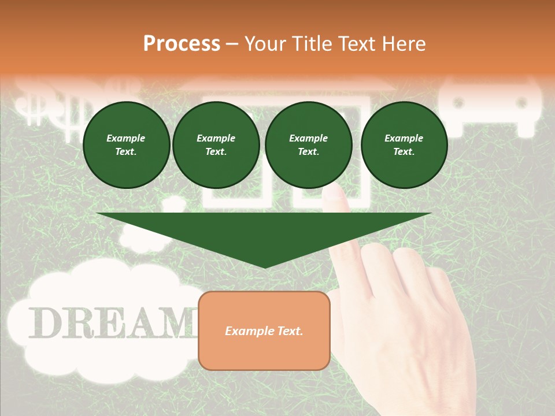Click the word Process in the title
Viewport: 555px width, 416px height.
click(x=182, y=44)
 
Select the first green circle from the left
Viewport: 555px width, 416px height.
click(x=126, y=145)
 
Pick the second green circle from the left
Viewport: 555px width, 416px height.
click(x=216, y=145)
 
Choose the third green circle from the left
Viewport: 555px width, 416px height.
click(x=309, y=145)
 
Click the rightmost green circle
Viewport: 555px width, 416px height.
click(x=404, y=145)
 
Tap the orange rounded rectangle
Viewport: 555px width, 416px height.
click(x=264, y=330)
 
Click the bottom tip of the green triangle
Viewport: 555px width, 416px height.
click(x=265, y=267)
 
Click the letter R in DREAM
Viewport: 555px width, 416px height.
click(x=79, y=323)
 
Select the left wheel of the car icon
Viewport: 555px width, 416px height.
click(x=459, y=103)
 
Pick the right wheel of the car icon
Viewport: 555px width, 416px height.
click(x=521, y=103)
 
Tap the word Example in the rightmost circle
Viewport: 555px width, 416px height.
click(x=404, y=138)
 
